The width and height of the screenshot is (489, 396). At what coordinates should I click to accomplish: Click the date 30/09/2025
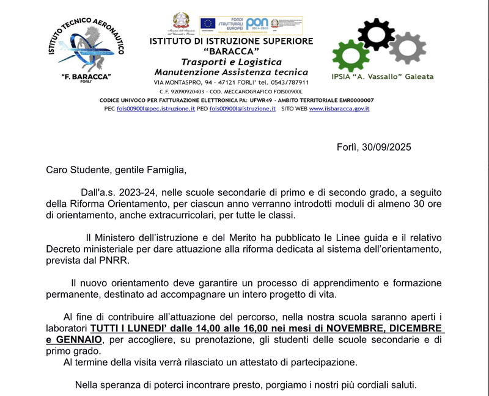(x=386, y=147)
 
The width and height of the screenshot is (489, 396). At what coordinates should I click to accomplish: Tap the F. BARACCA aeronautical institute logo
(x=86, y=51)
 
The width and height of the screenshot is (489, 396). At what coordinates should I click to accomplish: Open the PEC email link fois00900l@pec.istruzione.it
(x=155, y=109)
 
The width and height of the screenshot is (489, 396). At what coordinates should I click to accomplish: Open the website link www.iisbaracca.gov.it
(x=339, y=109)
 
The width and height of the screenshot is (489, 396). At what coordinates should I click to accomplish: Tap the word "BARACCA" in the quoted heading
(x=232, y=51)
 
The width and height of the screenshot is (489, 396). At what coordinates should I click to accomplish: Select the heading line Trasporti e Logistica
(x=231, y=62)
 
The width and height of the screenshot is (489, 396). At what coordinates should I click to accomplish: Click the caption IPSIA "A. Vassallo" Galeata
(x=382, y=77)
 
